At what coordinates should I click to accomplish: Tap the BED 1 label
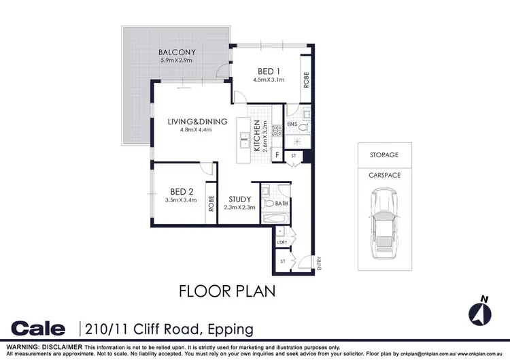pos(268,71)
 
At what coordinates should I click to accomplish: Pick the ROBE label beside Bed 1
pos(307,80)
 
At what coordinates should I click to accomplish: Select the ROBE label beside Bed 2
pos(212,204)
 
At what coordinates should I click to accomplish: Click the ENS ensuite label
pos(292,125)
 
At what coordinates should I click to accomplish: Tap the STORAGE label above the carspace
pos(385,155)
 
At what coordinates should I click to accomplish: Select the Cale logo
pos(38,329)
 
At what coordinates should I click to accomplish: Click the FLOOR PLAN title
pos(226,291)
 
